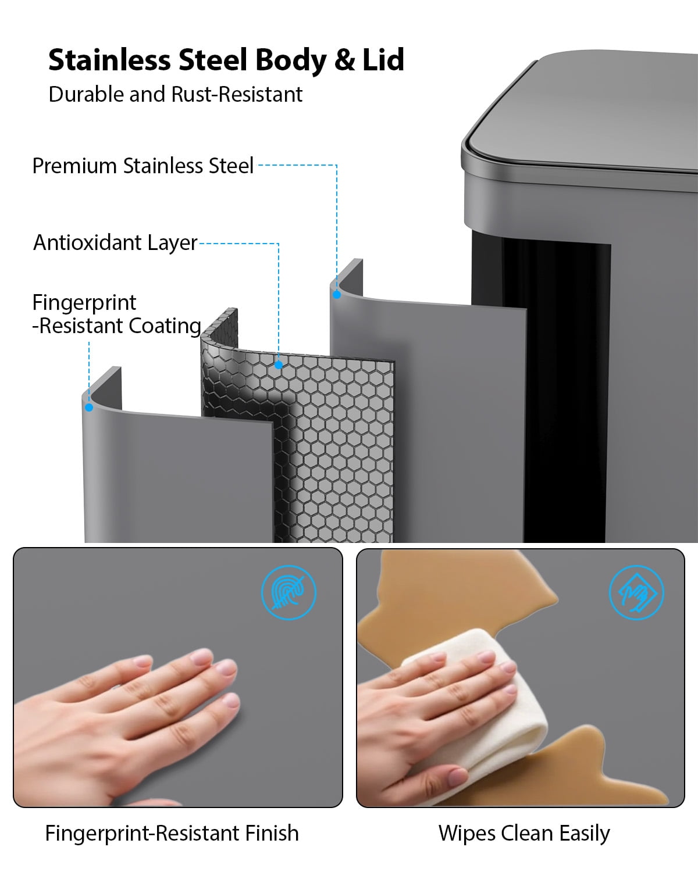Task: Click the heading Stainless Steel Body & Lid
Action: pos(226,60)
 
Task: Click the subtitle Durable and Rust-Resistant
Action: pos(176,94)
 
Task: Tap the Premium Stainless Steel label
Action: pos(143,166)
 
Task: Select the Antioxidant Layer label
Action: pos(115,243)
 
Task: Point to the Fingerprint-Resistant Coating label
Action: pos(117,314)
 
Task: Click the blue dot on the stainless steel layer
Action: pos(337,295)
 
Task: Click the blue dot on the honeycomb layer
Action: pos(279,365)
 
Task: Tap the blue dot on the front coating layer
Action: pos(89,408)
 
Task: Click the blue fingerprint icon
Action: pos(289,592)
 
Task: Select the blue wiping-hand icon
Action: pos(636,592)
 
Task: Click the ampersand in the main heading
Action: pos(344,60)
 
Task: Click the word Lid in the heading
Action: pos(383,59)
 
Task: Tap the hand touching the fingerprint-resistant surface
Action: pos(126,726)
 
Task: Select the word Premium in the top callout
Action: pos(74,166)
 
